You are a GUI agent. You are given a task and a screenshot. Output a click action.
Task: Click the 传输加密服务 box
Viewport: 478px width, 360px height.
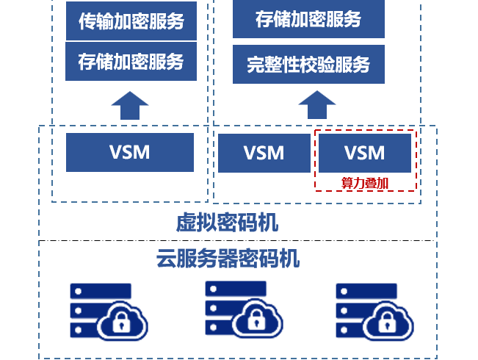point(131,21)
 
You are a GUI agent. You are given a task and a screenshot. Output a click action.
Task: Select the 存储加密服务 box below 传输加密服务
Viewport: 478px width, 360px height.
point(131,62)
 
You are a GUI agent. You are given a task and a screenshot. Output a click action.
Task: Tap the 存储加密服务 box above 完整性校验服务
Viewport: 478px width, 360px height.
point(308,19)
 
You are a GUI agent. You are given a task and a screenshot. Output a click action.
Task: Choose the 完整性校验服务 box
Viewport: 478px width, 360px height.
point(308,65)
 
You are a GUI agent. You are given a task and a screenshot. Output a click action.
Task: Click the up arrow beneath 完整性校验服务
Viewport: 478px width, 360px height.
point(316,105)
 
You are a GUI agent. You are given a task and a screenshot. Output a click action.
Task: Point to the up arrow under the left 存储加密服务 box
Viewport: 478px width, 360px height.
point(129,106)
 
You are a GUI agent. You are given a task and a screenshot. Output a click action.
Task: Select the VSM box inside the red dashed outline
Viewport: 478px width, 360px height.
point(364,153)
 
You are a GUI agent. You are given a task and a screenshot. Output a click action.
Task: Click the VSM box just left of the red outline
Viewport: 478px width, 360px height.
point(264,153)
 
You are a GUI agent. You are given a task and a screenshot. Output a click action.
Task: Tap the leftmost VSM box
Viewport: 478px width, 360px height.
point(129,152)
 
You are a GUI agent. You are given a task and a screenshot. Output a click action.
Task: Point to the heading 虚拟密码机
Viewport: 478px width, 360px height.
point(228,222)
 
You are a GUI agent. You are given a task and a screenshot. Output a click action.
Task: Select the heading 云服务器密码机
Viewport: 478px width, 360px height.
point(228,259)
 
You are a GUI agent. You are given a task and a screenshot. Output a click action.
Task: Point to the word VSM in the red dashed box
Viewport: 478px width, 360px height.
point(364,153)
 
